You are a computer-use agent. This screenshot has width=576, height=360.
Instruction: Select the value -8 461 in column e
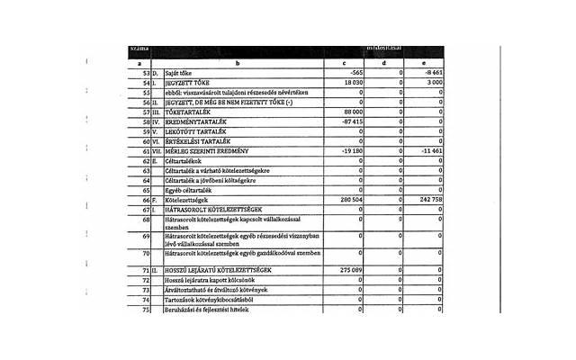[431, 73]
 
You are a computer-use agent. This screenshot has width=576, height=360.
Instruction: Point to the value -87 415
[348, 121]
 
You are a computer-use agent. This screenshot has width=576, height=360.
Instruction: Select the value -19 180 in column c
[348, 150]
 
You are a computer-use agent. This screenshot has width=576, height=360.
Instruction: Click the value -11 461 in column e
[429, 150]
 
